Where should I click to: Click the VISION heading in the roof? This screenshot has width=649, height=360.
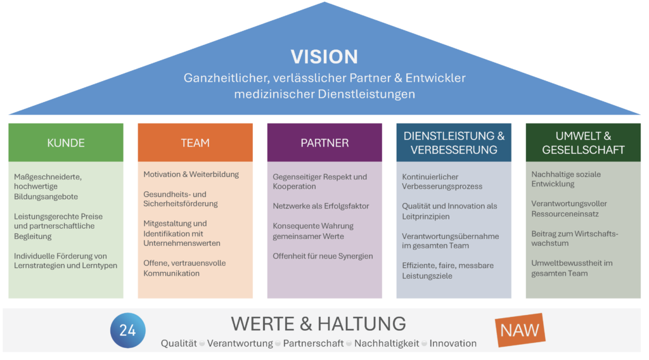point(324,56)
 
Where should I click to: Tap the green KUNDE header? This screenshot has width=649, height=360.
point(65,143)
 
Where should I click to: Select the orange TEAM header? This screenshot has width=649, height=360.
point(195,143)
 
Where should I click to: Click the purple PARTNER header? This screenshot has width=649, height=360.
point(324,143)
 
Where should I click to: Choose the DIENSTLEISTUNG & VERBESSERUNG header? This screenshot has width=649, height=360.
point(454,143)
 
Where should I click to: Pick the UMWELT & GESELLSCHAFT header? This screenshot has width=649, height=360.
point(583,143)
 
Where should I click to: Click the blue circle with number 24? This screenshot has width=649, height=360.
point(127,330)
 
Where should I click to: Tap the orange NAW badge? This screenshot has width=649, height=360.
point(520,330)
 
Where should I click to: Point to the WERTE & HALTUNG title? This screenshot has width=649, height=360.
point(318,323)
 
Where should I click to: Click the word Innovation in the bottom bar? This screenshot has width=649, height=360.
point(453,344)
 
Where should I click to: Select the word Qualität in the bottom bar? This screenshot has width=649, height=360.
point(179,344)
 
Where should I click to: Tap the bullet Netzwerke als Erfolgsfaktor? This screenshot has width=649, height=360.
point(321,206)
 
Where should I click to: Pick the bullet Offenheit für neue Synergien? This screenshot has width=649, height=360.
point(323,256)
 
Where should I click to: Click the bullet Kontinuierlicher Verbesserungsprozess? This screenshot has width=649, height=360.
point(442,181)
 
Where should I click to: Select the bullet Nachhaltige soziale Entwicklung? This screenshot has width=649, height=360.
point(566,179)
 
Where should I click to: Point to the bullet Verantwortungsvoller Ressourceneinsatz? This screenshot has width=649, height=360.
point(569,209)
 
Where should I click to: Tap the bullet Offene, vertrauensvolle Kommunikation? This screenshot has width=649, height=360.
point(184,268)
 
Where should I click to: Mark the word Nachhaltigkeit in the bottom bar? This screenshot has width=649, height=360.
point(387,344)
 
